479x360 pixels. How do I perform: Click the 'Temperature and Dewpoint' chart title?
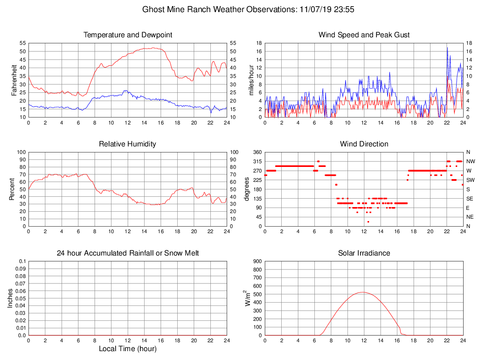128,35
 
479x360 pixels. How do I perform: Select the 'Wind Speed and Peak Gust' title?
364,35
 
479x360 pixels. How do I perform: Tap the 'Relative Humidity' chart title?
127,144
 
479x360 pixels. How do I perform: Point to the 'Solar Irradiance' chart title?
364,253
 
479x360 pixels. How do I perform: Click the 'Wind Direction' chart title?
364,144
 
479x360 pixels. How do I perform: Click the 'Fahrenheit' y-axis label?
14,80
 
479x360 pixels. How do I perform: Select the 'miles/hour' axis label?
251,80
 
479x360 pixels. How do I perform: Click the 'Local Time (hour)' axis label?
127,349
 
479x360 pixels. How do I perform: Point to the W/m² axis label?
248,298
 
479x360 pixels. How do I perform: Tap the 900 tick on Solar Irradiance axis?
257,261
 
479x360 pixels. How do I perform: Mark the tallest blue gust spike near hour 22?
447,48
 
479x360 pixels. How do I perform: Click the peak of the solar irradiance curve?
363,292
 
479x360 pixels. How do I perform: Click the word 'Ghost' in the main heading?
153,9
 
